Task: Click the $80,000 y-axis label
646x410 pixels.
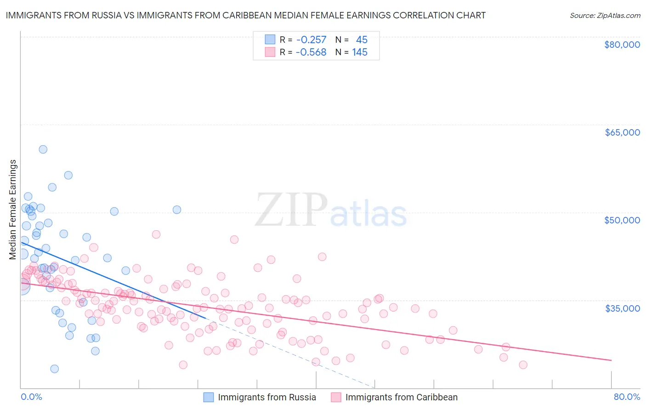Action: pyautogui.click(x=622, y=45)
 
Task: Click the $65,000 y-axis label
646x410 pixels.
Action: pyautogui.click(x=622, y=132)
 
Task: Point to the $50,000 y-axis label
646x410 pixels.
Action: pyautogui.click(x=622, y=220)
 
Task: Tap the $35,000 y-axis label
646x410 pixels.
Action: pyautogui.click(x=622, y=308)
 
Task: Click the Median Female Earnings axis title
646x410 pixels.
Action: pyautogui.click(x=13, y=210)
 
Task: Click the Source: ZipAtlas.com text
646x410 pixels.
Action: pyautogui.click(x=605, y=16)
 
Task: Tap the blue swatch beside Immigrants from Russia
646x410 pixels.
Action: pyautogui.click(x=209, y=398)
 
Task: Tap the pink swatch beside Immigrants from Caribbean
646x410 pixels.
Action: pyautogui.click(x=336, y=398)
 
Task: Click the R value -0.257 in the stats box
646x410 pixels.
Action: pyautogui.click(x=311, y=40)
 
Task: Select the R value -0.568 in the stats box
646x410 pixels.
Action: pyautogui.click(x=311, y=52)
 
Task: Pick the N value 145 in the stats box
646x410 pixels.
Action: pyautogui.click(x=360, y=52)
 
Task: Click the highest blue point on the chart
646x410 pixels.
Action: pyautogui.click(x=43, y=149)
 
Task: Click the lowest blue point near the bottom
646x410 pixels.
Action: pyautogui.click(x=54, y=369)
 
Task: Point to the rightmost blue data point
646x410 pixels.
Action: pyautogui.click(x=176, y=210)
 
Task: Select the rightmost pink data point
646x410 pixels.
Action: pyautogui.click(x=523, y=365)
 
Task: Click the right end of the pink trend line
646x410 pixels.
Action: pyautogui.click(x=611, y=360)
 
